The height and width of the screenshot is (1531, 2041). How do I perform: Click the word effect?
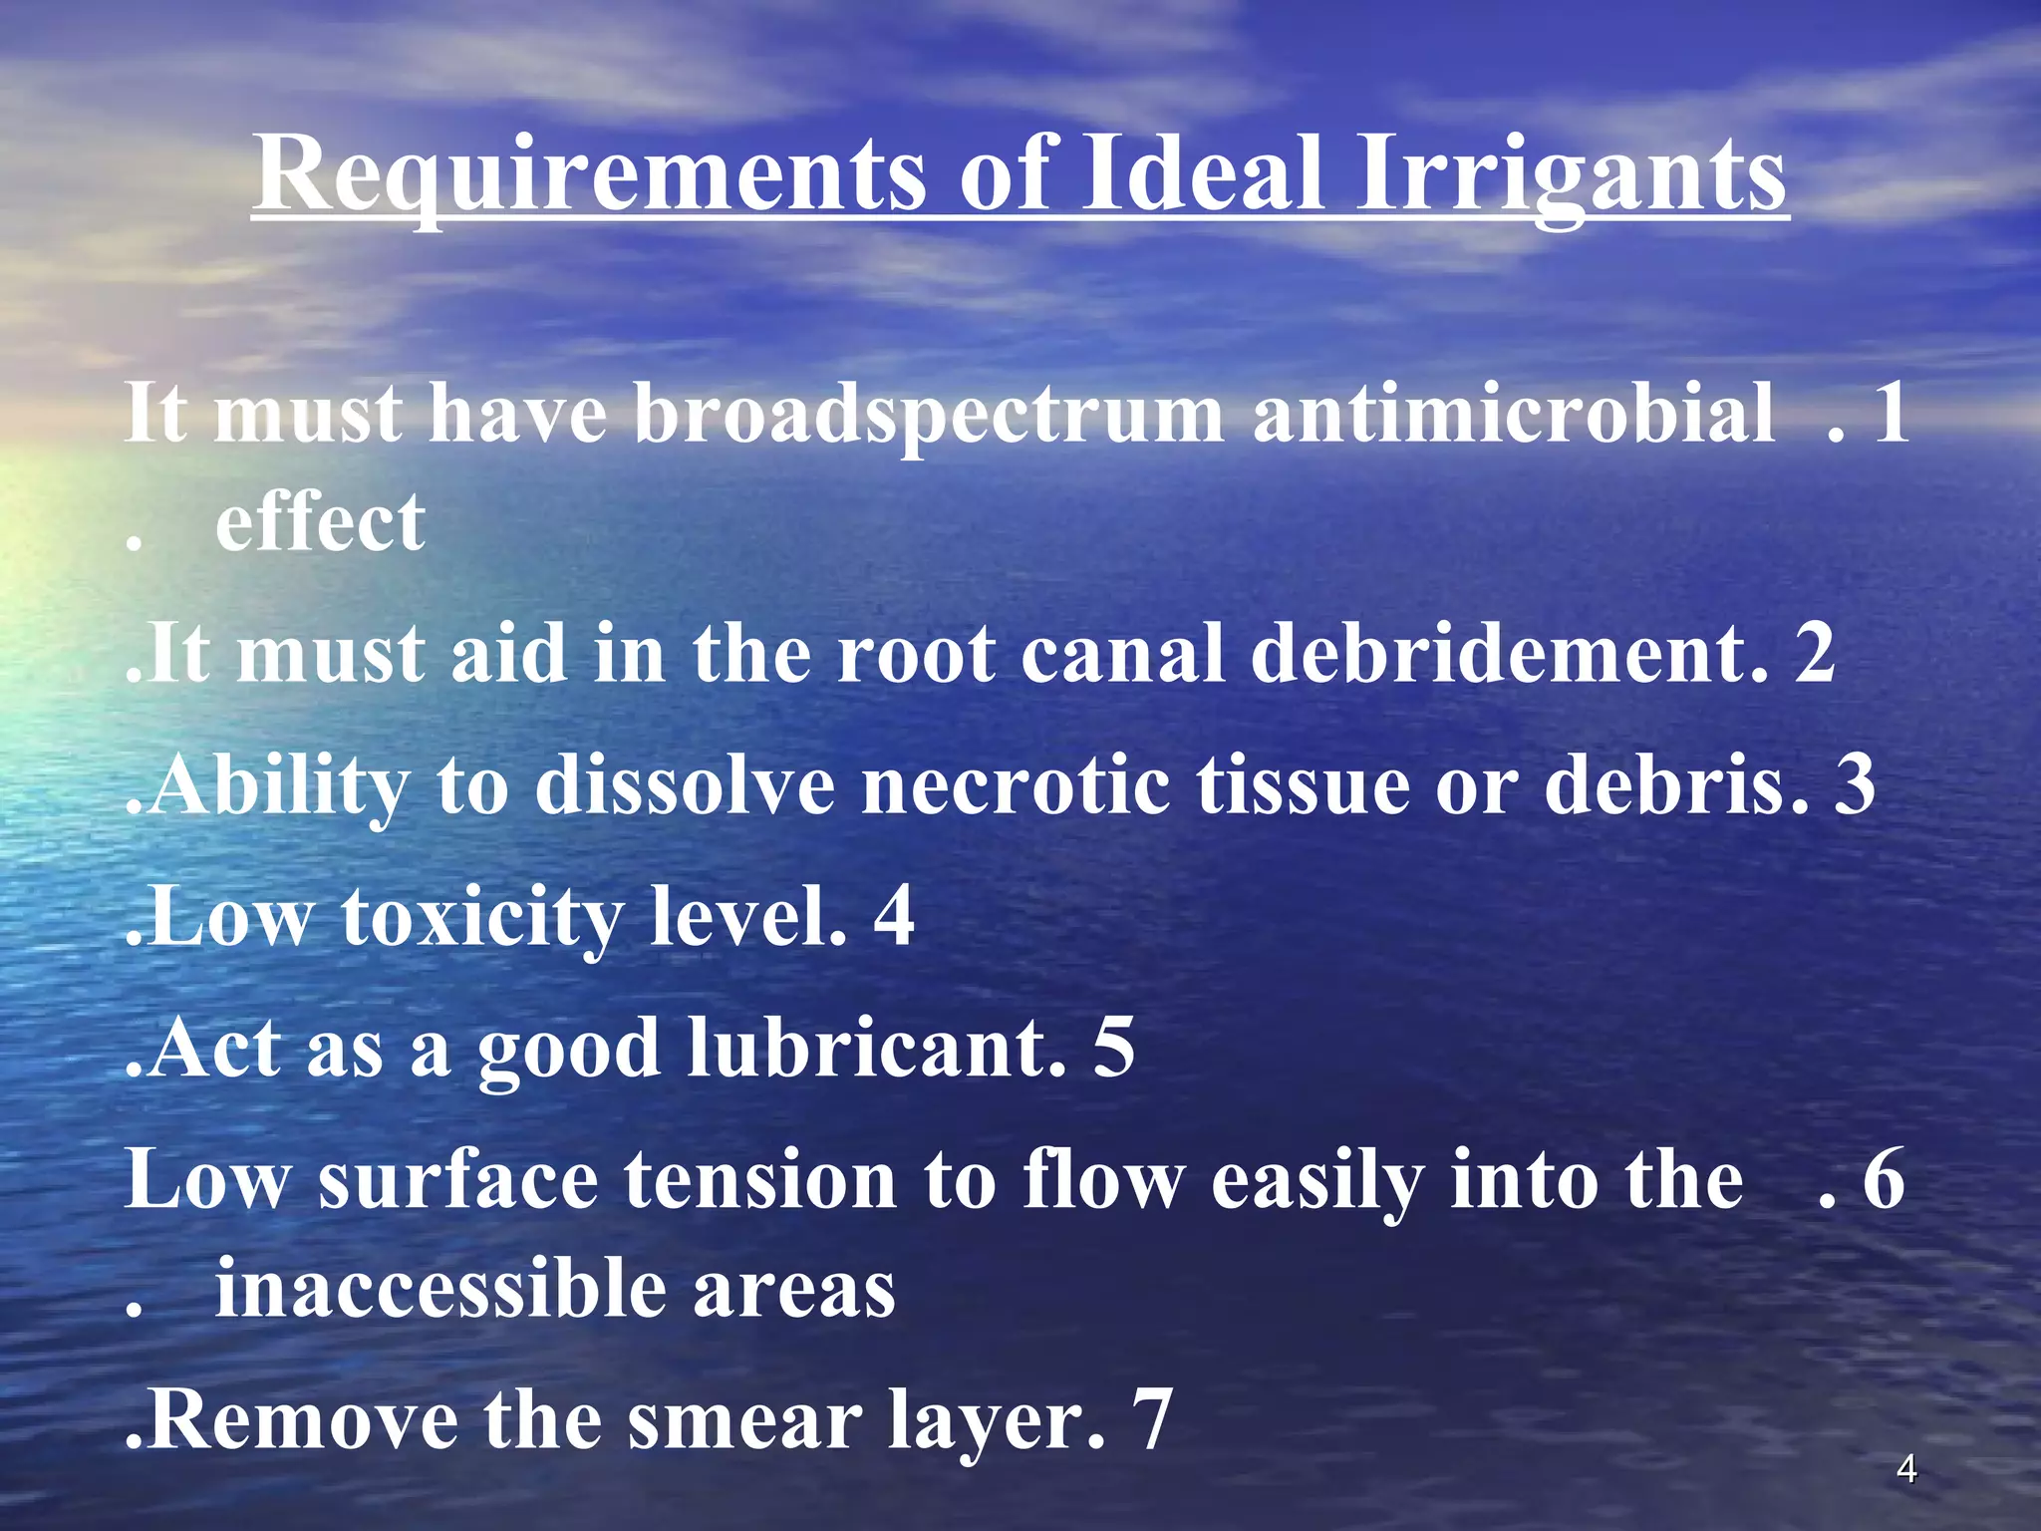pyautogui.click(x=320, y=522)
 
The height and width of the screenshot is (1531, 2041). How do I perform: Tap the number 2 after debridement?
pyautogui.click(x=1814, y=654)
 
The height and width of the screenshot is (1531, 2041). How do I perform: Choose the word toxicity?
pyautogui.click(x=482, y=917)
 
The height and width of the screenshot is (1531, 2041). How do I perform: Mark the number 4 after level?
pyautogui.click(x=894, y=917)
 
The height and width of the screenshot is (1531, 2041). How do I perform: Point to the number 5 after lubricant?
pyautogui.click(x=1113, y=1049)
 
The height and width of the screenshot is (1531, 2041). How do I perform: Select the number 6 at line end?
pyautogui.click(x=1884, y=1180)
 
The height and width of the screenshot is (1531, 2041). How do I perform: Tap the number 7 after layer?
pyautogui.click(x=1152, y=1421)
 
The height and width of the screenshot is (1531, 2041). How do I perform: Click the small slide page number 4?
pyautogui.click(x=1906, y=1469)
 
